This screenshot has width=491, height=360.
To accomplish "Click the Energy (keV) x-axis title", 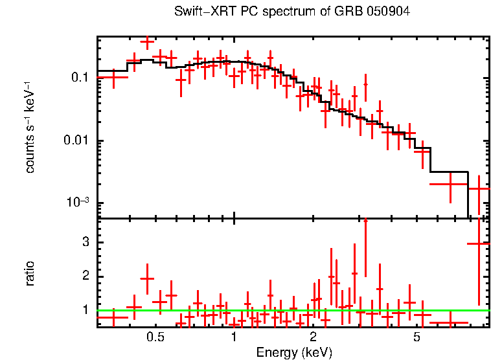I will pos(294,352).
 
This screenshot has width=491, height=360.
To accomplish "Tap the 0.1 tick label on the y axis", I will pos(79,78).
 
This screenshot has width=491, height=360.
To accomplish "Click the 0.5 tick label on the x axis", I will pos(155,337).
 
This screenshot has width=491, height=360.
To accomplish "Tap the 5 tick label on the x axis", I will pos(417,337).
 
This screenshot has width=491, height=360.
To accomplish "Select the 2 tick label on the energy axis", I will pos(313,337).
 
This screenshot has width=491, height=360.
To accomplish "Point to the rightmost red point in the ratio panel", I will pos(479,243).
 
